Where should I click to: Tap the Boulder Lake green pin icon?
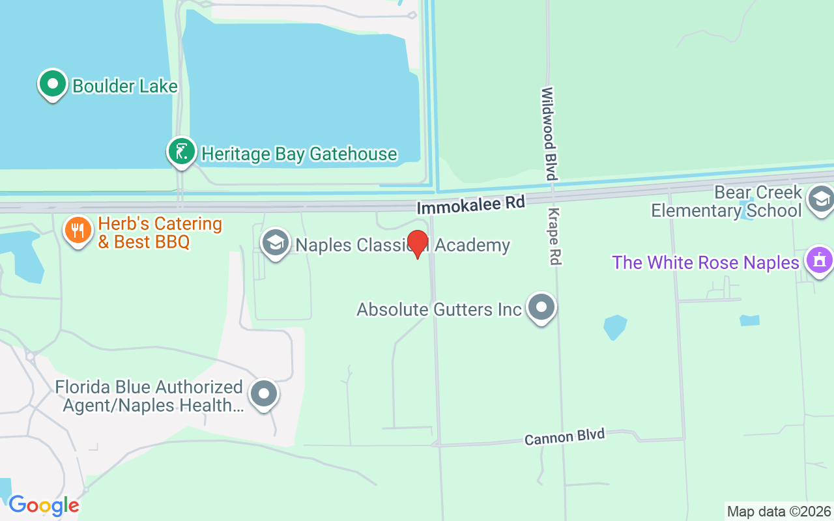[53, 84]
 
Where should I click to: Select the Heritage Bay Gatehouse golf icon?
[182, 152]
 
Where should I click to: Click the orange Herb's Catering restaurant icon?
[78, 230]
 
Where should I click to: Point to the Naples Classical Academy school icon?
[276, 244]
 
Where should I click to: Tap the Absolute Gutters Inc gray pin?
[541, 307]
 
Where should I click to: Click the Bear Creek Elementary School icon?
[820, 200]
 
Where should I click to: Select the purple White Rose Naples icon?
[819, 260]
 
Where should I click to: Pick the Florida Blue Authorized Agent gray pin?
[264, 393]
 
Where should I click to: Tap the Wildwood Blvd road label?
[548, 134]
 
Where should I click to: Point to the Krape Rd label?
[554, 236]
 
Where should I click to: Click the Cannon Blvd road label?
[564, 436]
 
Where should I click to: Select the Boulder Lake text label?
[124, 86]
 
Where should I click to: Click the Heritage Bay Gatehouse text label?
[299, 154]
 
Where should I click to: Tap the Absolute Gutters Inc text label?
[439, 309]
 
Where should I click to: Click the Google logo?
[44, 505]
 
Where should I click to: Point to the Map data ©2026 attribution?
[779, 511]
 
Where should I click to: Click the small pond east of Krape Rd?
[614, 326]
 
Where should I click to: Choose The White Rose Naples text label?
[705, 262]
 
